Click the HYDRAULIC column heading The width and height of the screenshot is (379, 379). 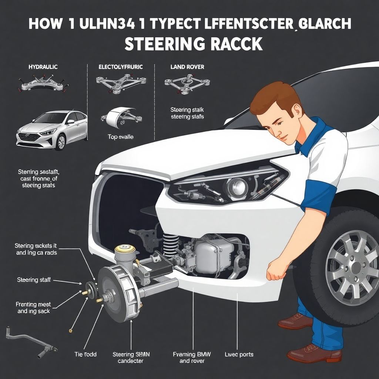point(43,67)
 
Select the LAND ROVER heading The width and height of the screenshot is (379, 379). point(187,67)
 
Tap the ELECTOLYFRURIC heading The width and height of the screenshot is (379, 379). point(121,67)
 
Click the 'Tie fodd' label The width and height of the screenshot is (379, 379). point(85,354)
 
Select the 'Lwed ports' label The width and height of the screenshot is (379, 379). point(239,354)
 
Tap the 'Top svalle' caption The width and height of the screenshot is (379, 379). point(121,137)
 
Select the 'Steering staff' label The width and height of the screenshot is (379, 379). point(33,280)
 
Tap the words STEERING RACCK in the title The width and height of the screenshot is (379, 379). point(193,44)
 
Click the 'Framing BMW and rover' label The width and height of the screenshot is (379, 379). point(192,358)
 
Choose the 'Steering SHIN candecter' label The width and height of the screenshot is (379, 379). point(128,358)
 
